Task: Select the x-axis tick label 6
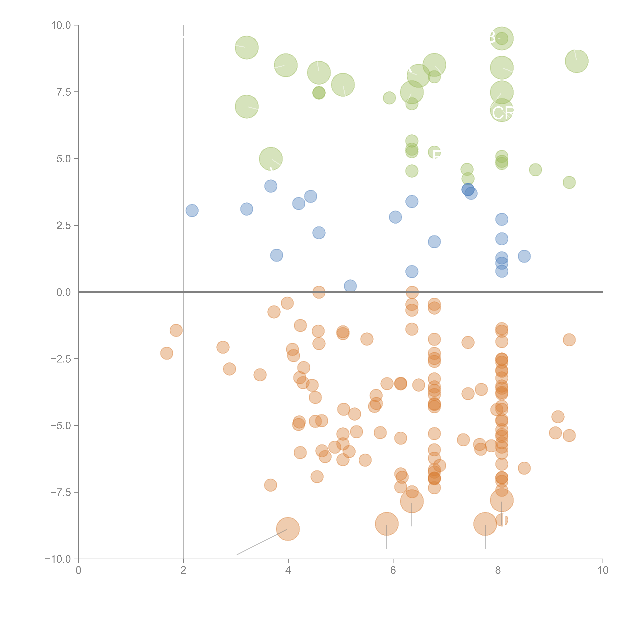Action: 393,570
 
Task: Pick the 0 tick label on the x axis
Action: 78,570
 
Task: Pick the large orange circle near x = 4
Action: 288,529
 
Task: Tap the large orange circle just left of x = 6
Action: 386,524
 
